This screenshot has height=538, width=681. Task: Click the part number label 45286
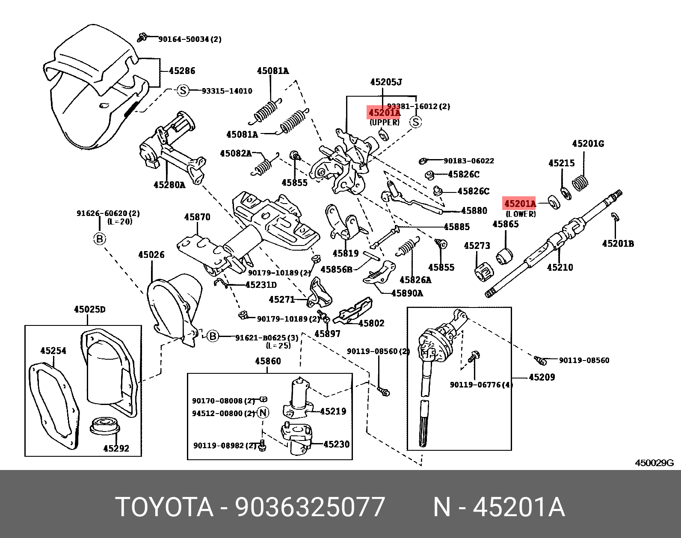pos(182,71)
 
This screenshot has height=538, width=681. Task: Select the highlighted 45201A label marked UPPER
pos(384,113)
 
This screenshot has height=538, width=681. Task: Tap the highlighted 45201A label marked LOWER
pos(520,204)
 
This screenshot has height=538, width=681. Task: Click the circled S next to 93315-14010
pos(183,91)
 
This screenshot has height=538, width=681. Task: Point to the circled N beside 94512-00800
pos(263,413)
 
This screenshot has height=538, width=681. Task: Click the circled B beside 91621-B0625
pos(213,337)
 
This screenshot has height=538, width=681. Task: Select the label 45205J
pos(386,82)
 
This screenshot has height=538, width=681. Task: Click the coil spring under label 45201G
pos(580,183)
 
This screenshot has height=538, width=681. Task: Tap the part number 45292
pos(116,448)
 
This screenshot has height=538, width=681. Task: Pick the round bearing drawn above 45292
pos(105,425)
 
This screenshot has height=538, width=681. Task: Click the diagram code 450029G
pos(654,463)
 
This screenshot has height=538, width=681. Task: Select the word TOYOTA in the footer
pos(164,507)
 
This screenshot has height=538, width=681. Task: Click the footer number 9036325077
pos(310,507)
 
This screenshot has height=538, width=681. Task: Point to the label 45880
pos(474,211)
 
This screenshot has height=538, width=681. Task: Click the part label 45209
pos(542,377)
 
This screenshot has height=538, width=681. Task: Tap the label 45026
pos(151,255)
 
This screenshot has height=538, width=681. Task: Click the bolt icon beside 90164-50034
pos(143,38)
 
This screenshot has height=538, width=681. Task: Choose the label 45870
pos(197,217)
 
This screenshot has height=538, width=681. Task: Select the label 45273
pos(477,245)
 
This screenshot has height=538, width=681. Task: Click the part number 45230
pos(336,444)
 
